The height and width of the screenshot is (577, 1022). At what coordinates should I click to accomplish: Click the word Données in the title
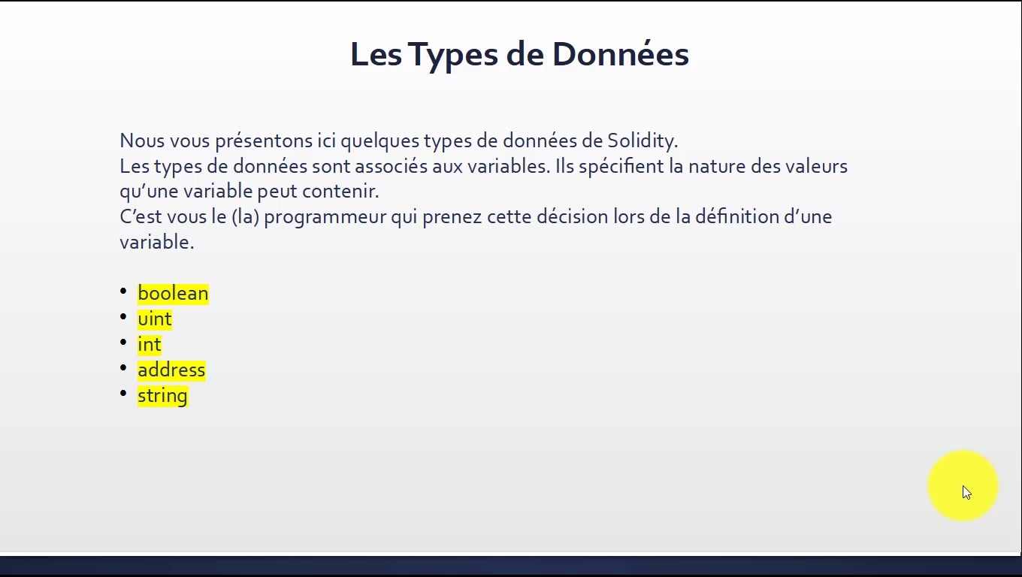tap(621, 54)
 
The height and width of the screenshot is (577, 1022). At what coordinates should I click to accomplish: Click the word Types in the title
tap(452, 56)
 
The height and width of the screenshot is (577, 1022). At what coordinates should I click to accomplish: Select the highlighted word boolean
tap(173, 293)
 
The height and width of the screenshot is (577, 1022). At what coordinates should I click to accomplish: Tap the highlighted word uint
tap(155, 319)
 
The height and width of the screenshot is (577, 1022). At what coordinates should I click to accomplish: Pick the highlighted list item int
tap(150, 344)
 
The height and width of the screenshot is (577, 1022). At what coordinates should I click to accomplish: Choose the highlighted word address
tap(171, 370)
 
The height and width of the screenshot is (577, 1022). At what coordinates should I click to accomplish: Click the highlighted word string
tap(162, 396)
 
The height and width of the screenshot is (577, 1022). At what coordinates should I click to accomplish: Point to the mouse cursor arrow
tap(967, 493)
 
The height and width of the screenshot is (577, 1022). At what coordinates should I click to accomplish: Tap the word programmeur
tap(325, 216)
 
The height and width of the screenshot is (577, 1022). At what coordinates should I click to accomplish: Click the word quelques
tap(379, 141)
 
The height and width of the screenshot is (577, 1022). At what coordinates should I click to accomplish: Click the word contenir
tap(340, 191)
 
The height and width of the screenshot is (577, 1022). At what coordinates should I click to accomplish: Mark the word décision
tap(572, 216)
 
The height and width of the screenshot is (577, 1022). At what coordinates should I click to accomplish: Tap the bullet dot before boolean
tap(123, 291)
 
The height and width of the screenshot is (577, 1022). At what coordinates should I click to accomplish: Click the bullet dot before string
tap(123, 393)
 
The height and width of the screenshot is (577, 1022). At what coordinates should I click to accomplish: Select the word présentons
tap(265, 141)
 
